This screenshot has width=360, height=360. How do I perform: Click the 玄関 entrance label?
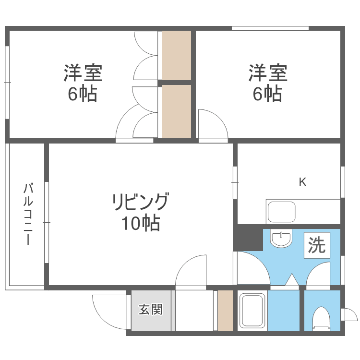click(x=151, y=310)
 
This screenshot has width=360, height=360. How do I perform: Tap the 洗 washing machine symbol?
click(x=317, y=246)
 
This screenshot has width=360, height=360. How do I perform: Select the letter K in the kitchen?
click(x=303, y=182)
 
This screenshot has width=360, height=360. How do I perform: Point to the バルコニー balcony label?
click(x=28, y=214)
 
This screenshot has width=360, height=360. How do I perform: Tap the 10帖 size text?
click(x=140, y=224)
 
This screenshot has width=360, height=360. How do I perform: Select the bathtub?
click(x=252, y=311)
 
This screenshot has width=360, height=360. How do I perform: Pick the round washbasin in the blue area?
click(x=281, y=238)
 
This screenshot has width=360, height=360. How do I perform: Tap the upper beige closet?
click(x=176, y=55)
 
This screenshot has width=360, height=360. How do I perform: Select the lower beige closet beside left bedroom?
click(x=176, y=111)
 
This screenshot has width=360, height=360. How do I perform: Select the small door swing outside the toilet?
click(x=348, y=315)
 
